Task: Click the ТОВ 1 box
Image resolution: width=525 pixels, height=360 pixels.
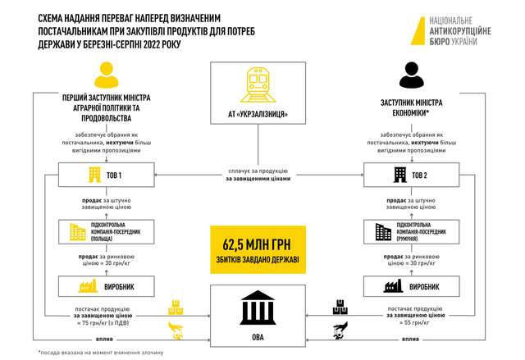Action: coord(107,175)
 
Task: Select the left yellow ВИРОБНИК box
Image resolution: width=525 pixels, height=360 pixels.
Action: coord(107,287)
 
